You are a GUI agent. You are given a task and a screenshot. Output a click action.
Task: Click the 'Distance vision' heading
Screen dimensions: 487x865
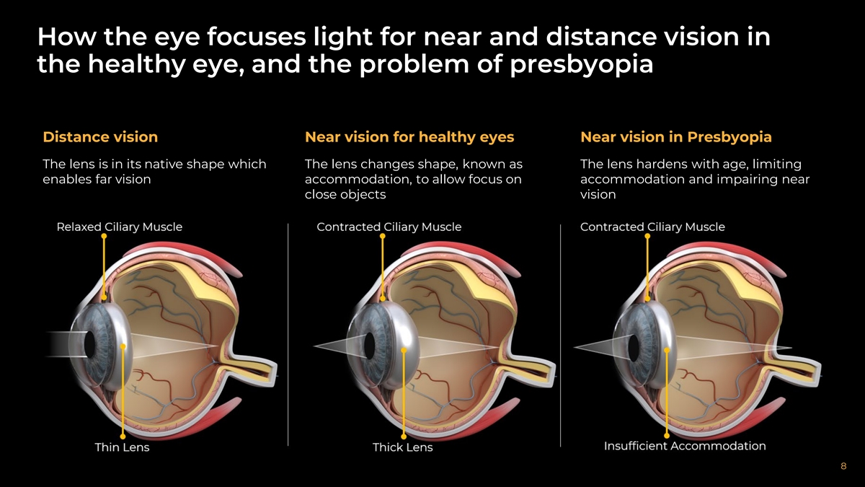[x=100, y=137]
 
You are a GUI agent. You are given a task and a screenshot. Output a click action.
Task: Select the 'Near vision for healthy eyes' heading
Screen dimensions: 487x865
[x=409, y=137]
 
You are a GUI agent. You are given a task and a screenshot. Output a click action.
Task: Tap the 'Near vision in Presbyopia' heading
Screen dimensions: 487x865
[x=675, y=137]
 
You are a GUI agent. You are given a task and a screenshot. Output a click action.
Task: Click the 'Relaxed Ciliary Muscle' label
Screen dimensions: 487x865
[x=120, y=227]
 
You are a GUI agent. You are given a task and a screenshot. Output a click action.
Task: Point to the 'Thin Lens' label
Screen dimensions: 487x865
[x=123, y=447]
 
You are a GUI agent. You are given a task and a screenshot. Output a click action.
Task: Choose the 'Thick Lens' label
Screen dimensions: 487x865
[x=403, y=447]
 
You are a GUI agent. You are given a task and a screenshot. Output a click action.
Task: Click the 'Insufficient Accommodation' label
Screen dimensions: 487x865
[x=685, y=446]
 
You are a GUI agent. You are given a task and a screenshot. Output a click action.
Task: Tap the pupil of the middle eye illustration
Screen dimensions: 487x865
[x=371, y=343]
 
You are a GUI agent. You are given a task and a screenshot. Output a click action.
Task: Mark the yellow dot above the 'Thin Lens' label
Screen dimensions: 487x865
[x=123, y=436]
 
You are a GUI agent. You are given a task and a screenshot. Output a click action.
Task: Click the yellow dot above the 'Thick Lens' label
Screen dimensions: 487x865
[x=404, y=436]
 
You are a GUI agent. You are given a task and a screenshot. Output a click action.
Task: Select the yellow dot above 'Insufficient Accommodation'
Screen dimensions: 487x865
[x=667, y=435]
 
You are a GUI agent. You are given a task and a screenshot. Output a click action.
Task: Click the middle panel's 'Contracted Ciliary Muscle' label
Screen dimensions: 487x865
[x=389, y=227]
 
